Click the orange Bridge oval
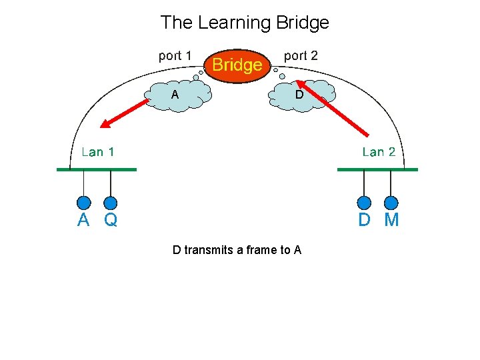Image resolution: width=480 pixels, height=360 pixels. tap(237, 66)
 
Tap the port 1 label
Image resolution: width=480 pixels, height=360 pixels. tap(175, 56)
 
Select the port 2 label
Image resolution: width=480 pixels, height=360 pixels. tap(301, 56)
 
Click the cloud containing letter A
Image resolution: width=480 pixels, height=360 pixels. tap(178, 95)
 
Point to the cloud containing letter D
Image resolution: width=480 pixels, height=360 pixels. tap(302, 95)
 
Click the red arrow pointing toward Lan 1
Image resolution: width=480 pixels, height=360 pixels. tap(124, 113)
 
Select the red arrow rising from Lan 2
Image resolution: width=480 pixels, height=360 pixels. tap(333, 108)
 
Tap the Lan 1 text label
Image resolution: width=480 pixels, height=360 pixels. tap(98, 152)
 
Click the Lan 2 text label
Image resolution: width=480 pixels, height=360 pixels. tap(379, 152)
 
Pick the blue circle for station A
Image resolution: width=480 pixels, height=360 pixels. tap(83, 203)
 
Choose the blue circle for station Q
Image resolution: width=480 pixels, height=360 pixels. tap(111, 203)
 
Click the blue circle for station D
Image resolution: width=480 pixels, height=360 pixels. tap(364, 203)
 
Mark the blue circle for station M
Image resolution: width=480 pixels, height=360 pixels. tap(391, 203)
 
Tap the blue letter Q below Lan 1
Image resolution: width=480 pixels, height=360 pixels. tap(111, 220)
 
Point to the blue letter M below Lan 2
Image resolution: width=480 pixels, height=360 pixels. tap(391, 219)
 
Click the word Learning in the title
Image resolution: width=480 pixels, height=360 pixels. tap(235, 23)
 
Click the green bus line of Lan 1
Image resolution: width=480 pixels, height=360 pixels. tap(97, 169)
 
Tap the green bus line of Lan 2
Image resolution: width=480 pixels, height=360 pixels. tap(377, 169)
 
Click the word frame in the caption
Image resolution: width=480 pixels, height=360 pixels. tap(260, 250)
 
